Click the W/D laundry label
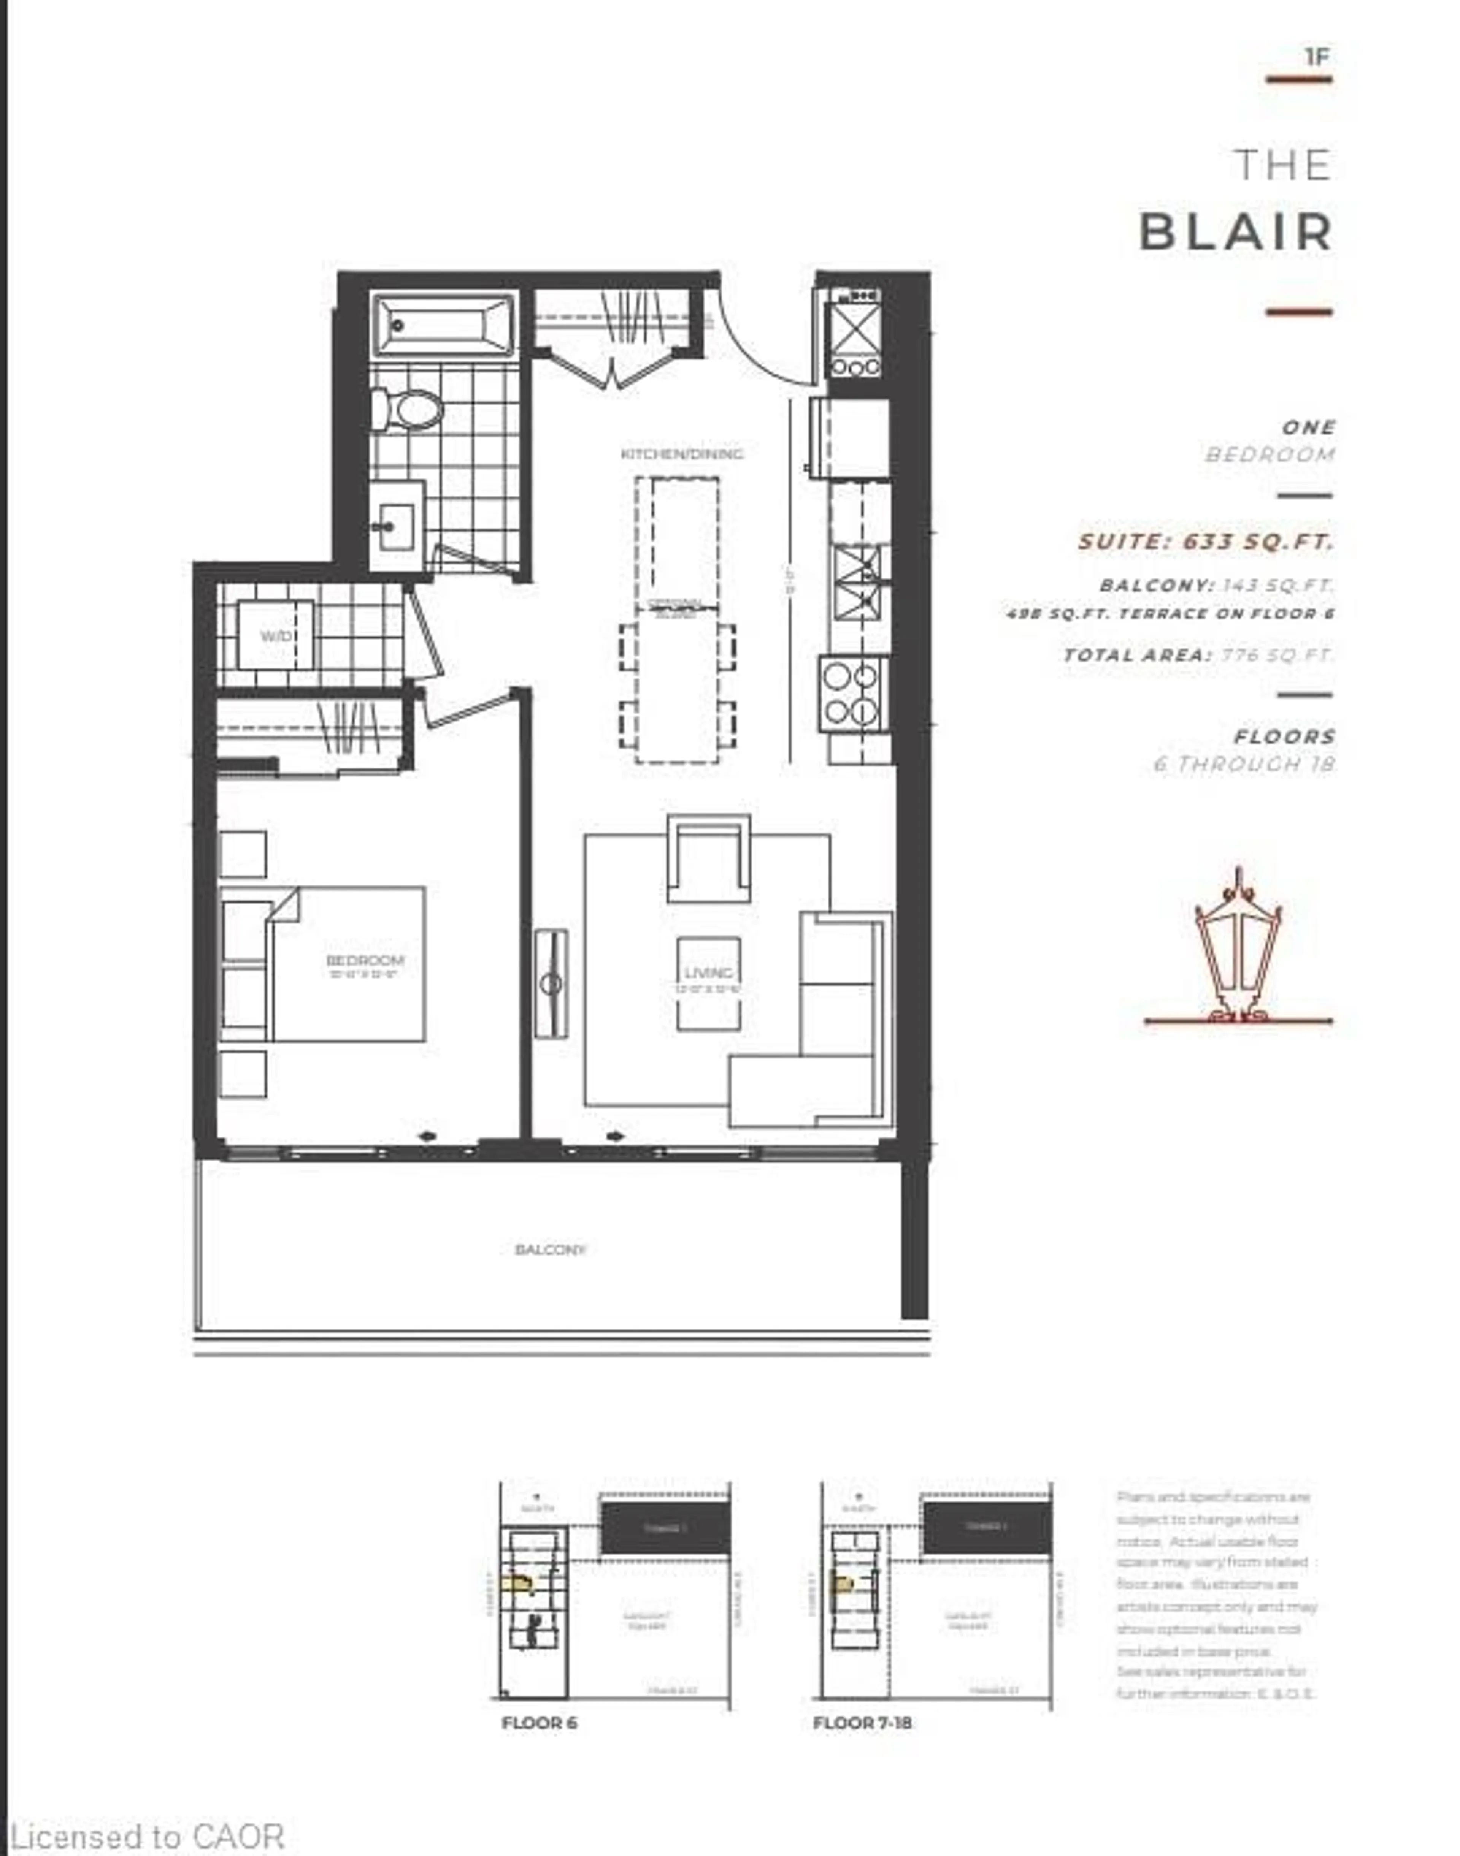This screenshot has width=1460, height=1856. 276,636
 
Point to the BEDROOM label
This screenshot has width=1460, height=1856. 365,960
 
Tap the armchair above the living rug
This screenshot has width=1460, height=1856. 709,859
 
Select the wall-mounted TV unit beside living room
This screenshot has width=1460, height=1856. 551,983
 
